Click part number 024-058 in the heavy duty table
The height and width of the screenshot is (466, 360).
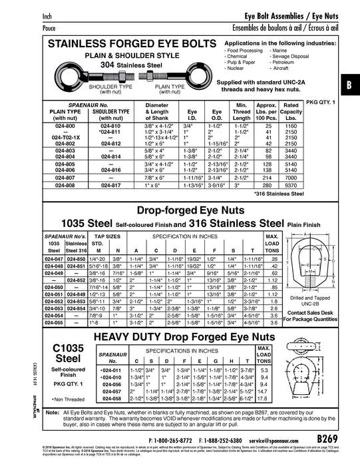[x=110, y=399]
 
